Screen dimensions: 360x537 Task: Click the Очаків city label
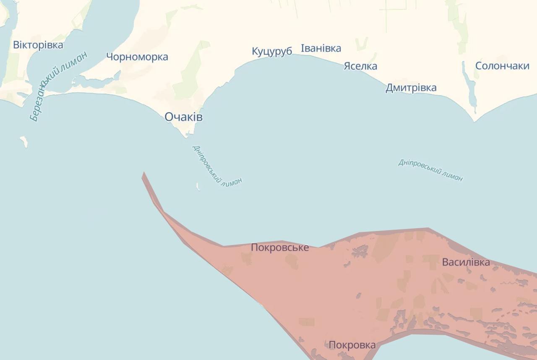(x=183, y=117)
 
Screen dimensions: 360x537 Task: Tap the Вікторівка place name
(x=38, y=45)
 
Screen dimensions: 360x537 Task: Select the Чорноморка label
(x=137, y=57)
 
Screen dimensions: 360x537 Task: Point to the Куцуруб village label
(x=272, y=51)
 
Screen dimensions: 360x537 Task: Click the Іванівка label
(x=321, y=48)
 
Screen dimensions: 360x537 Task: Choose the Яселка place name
(x=360, y=66)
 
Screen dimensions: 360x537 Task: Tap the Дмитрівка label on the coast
(x=411, y=88)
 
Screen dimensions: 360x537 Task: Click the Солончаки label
(x=502, y=66)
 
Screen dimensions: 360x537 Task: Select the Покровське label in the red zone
(x=280, y=248)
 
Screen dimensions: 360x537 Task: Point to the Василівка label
(x=466, y=262)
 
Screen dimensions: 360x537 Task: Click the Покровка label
(x=352, y=345)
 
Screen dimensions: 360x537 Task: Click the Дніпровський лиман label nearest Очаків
(x=217, y=165)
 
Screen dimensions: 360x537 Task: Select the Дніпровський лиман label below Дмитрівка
(x=430, y=170)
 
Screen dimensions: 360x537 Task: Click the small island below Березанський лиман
(x=24, y=141)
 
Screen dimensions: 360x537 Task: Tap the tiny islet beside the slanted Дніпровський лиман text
(x=198, y=186)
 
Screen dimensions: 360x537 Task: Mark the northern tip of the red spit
(x=143, y=172)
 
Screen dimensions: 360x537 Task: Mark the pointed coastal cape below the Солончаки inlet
(x=474, y=121)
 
